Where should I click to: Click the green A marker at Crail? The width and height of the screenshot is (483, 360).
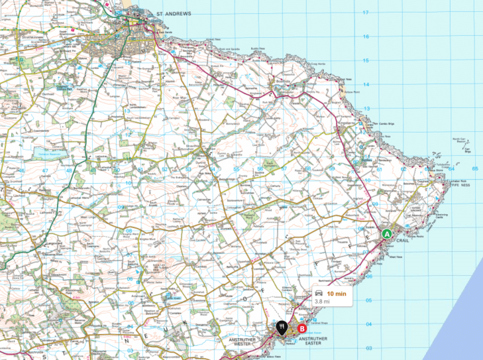pyautogui.click(x=386, y=233)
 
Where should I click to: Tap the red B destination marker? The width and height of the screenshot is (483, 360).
pyautogui.click(x=302, y=328)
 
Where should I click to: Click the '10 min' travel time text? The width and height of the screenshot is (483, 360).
pyautogui.click(x=336, y=293)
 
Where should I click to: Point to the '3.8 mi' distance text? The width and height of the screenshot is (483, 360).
pyautogui.click(x=323, y=302)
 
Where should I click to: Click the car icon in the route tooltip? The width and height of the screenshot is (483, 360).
pyautogui.click(x=319, y=293)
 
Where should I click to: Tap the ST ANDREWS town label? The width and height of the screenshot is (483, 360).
pyautogui.click(x=174, y=13)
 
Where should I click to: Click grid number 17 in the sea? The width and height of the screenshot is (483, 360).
pyautogui.click(x=365, y=13)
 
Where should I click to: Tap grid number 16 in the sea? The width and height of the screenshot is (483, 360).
pyautogui.click(x=365, y=37)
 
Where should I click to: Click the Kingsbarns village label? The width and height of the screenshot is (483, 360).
pyautogui.click(x=347, y=122)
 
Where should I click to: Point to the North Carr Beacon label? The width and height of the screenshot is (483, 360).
pyautogui.click(x=458, y=141)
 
